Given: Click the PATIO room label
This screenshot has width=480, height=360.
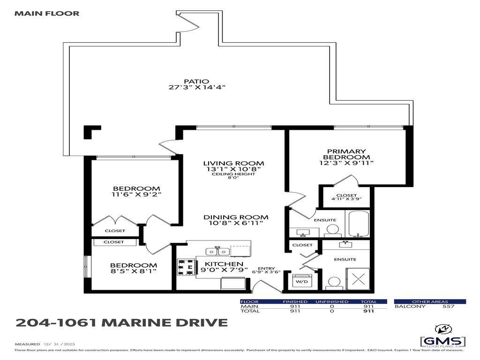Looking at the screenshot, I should point(196,81).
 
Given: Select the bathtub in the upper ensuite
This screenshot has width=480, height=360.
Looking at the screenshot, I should point(357,225).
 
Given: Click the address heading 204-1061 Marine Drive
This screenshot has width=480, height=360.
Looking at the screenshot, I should point(121,322).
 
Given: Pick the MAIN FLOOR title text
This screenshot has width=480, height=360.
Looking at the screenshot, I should point(47,13).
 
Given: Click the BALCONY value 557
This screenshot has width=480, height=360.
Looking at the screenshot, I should point(449,306).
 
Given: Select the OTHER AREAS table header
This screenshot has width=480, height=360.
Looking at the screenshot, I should point(429,301).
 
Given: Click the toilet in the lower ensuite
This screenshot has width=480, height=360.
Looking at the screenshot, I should point(333,283).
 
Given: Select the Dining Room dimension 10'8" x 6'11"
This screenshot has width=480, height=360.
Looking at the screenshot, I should point(236,223).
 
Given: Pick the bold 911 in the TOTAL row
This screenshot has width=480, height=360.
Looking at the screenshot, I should point(368,311).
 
